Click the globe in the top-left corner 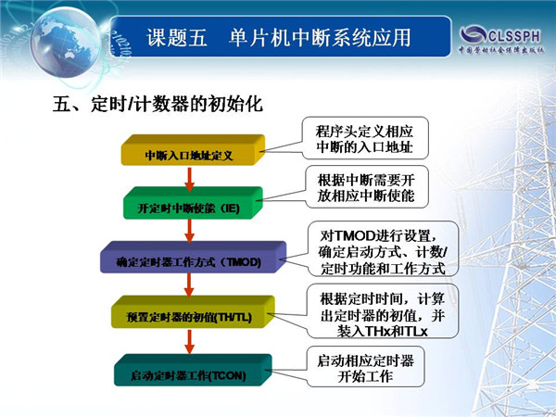[x=66, y=42]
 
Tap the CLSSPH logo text [x=514, y=36]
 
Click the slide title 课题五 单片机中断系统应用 [x=279, y=38]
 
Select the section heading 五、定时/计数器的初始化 [x=158, y=104]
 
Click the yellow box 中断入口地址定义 [x=193, y=150]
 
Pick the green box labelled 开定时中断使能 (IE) [x=193, y=203]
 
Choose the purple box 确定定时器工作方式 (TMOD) [x=193, y=257]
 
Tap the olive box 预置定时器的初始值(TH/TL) [x=193, y=312]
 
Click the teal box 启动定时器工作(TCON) [x=193, y=370]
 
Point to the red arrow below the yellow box [x=190, y=179]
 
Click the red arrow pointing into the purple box [x=190, y=231]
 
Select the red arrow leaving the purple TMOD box [x=189, y=284]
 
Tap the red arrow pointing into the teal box [x=190, y=342]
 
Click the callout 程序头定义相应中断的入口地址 [x=365, y=138]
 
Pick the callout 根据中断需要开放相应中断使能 [x=367, y=187]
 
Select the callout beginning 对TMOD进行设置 [x=383, y=249]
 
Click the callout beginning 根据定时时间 [x=383, y=311]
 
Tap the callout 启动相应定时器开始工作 [x=365, y=367]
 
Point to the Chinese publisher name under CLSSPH [x=501, y=50]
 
